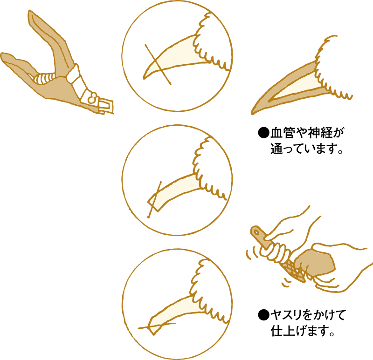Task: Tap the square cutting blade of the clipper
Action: pos(106,106)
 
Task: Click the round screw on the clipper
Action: pos(92,98)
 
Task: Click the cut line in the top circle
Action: pos(158,64)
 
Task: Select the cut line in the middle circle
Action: pos(155,200)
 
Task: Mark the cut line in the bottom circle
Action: pos(157,326)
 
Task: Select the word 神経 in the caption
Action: pos(320,133)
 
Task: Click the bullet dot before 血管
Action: pos(263,133)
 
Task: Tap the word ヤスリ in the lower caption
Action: pos(288,315)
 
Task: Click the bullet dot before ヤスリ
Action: pos(263,315)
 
